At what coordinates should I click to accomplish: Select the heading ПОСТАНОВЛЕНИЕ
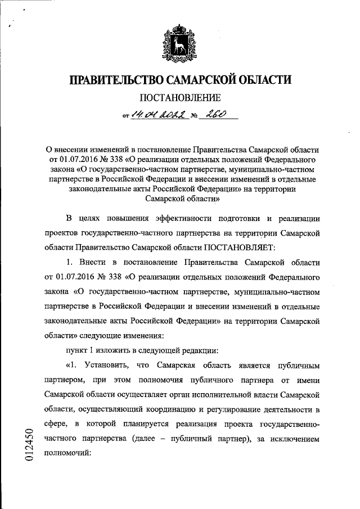179,98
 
